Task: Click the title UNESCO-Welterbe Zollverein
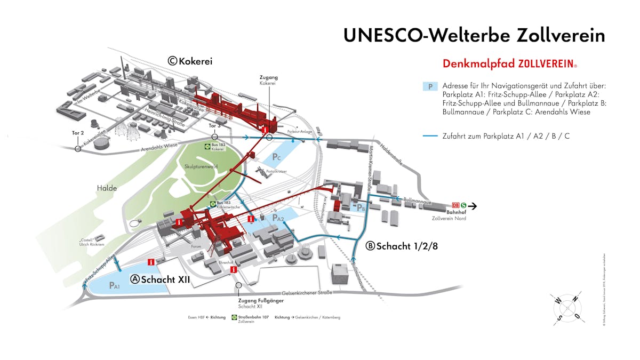point(474,35)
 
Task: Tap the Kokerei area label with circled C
point(190,61)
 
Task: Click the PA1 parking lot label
point(115,286)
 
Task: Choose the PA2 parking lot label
point(278,218)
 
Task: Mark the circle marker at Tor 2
point(78,149)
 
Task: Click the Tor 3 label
point(214,126)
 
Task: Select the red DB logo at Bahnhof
point(455,205)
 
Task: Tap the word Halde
point(106,188)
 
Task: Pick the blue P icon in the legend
point(430,86)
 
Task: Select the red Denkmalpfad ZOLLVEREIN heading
point(509,64)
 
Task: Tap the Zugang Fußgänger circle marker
point(238,285)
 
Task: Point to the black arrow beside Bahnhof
point(473,205)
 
